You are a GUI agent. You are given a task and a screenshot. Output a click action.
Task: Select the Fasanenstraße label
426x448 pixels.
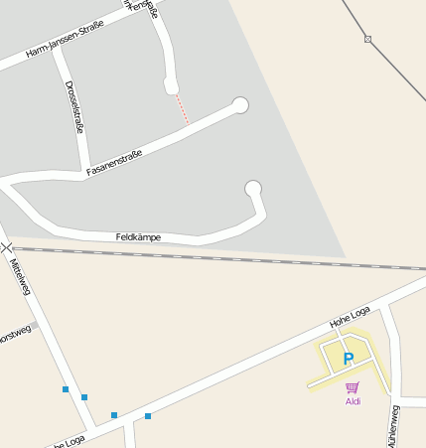[114, 163]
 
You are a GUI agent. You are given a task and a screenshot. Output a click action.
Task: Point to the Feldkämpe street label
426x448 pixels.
[138, 237]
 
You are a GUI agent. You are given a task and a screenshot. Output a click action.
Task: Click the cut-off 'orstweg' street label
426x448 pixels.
[14, 332]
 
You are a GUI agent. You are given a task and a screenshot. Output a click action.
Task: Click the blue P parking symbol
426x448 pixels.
[348, 359]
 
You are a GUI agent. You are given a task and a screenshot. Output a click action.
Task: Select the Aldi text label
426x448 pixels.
[353, 401]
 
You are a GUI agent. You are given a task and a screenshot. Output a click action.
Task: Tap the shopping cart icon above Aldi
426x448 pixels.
[352, 387]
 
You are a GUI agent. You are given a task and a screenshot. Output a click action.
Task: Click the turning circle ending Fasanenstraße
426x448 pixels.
[239, 104]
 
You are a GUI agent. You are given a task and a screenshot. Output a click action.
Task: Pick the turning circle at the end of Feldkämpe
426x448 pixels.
[253, 188]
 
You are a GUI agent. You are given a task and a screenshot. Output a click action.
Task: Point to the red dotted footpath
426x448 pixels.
[183, 109]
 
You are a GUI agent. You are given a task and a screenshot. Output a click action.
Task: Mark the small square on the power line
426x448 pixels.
[367, 39]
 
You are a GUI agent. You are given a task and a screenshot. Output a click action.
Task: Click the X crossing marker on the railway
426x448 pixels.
[7, 246]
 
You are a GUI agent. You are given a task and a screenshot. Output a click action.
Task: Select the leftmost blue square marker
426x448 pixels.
[66, 389]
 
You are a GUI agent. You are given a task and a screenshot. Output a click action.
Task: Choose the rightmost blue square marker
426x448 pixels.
[148, 416]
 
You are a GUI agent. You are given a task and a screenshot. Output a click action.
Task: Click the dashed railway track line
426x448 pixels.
[248, 257]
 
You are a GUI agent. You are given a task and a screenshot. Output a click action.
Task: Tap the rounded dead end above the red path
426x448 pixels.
[172, 87]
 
